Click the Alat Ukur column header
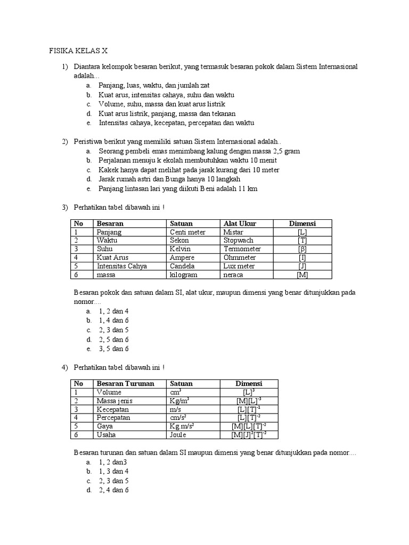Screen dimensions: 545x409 pos(240,224)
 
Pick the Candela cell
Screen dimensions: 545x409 pos(182,266)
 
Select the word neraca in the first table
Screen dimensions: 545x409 pos(234,275)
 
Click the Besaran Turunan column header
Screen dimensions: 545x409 pos(125,383)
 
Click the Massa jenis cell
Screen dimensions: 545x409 pos(114,400)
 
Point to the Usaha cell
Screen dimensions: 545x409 pos(106,434)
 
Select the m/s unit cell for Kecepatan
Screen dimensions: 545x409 pos(175,409)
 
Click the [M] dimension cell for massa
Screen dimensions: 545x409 pos(302,275)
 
